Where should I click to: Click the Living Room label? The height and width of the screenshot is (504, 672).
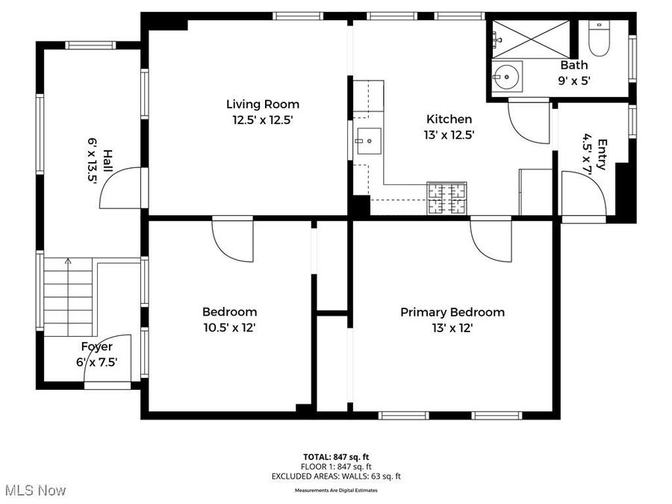[x=263, y=105]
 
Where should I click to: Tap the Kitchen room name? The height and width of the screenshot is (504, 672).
[x=449, y=119]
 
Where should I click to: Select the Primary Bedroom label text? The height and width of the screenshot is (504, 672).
[x=452, y=312]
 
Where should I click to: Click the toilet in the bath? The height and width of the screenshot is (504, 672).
[x=600, y=39]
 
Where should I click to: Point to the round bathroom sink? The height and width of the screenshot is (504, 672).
[x=508, y=77]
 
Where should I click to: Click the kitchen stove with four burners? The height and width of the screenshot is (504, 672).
[x=447, y=199]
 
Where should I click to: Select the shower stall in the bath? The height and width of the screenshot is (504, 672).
[x=532, y=38]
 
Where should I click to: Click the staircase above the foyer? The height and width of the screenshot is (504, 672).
[x=69, y=296]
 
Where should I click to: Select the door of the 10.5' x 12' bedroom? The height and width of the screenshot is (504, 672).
[x=232, y=237]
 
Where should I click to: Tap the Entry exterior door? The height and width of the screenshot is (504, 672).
[x=584, y=196]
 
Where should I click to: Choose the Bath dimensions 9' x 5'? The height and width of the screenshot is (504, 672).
[x=573, y=81]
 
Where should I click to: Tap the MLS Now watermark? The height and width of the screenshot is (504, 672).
[x=35, y=491]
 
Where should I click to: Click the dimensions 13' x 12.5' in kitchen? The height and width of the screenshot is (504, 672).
[x=449, y=135]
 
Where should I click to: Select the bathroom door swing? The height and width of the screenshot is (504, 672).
[x=529, y=122]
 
